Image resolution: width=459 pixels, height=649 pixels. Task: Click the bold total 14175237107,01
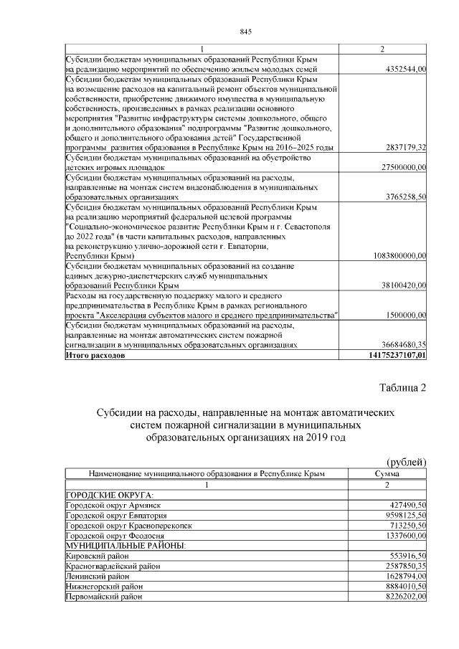pos(396,354)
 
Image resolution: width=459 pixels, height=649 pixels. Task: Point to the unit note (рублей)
pos(406,461)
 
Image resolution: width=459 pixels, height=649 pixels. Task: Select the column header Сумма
pos(387,474)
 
